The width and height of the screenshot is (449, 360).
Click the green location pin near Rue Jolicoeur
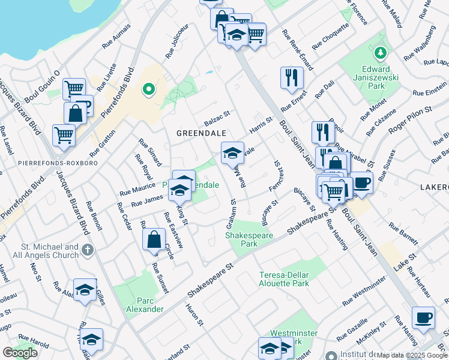148,91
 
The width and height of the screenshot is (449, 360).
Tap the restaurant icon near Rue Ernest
292,77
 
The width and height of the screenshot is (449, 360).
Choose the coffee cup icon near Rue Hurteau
424,316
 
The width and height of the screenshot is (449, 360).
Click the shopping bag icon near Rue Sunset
154,239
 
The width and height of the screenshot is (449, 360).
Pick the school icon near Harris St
232,153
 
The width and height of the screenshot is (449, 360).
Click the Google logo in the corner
20,353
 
